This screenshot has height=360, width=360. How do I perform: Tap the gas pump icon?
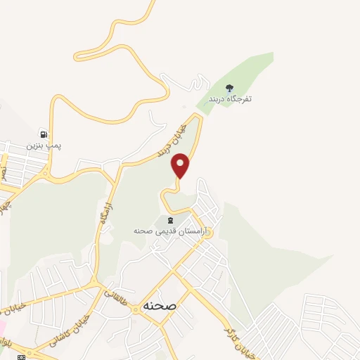coord(44,134)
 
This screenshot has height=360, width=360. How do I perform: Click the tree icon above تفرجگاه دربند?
coord(229,88)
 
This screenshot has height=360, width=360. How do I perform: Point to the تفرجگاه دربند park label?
coord(229,99)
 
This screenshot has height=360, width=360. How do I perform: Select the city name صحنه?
coord(157,307)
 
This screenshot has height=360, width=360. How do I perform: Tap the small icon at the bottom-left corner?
coord(21,357)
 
